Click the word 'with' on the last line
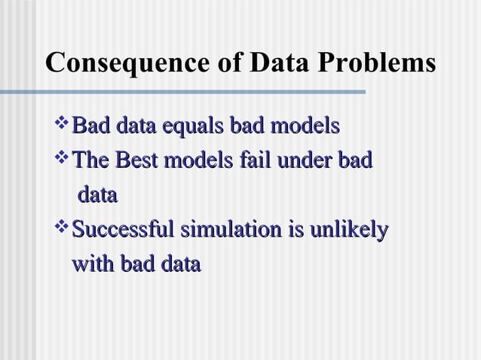coord(90,264)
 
